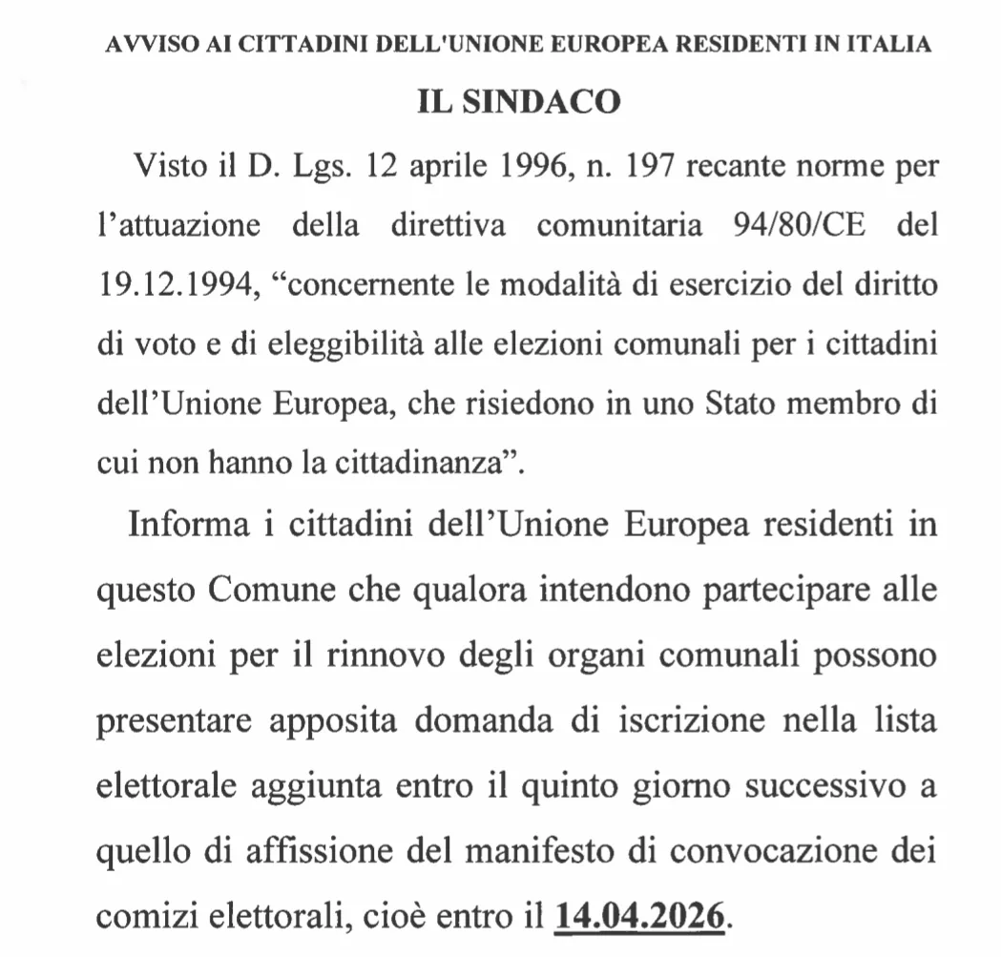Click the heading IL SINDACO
tap(519, 102)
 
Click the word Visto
tap(167, 169)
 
